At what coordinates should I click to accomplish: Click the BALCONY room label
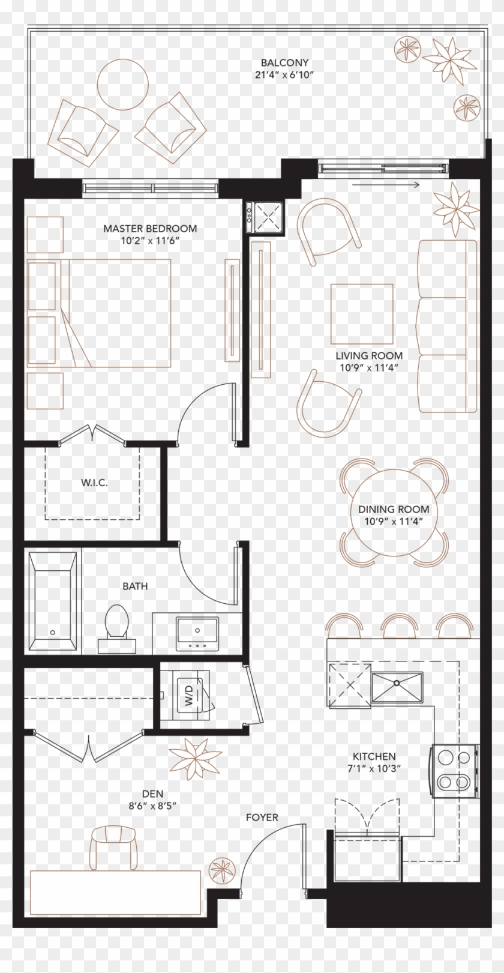coord(284,62)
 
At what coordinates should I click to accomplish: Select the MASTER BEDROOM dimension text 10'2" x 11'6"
coord(150,240)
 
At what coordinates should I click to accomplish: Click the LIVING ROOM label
coord(368,356)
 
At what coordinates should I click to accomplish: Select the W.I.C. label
coord(95,483)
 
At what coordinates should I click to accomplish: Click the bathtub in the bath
coord(52,600)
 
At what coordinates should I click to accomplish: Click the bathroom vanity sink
coord(197,632)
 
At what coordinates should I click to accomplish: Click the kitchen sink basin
coord(397,687)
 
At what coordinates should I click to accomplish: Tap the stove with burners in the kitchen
coord(455,771)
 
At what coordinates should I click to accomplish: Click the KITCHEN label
coord(374,757)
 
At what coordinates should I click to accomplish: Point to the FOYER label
coord(262,818)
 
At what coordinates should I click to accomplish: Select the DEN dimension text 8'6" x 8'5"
coord(149,806)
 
